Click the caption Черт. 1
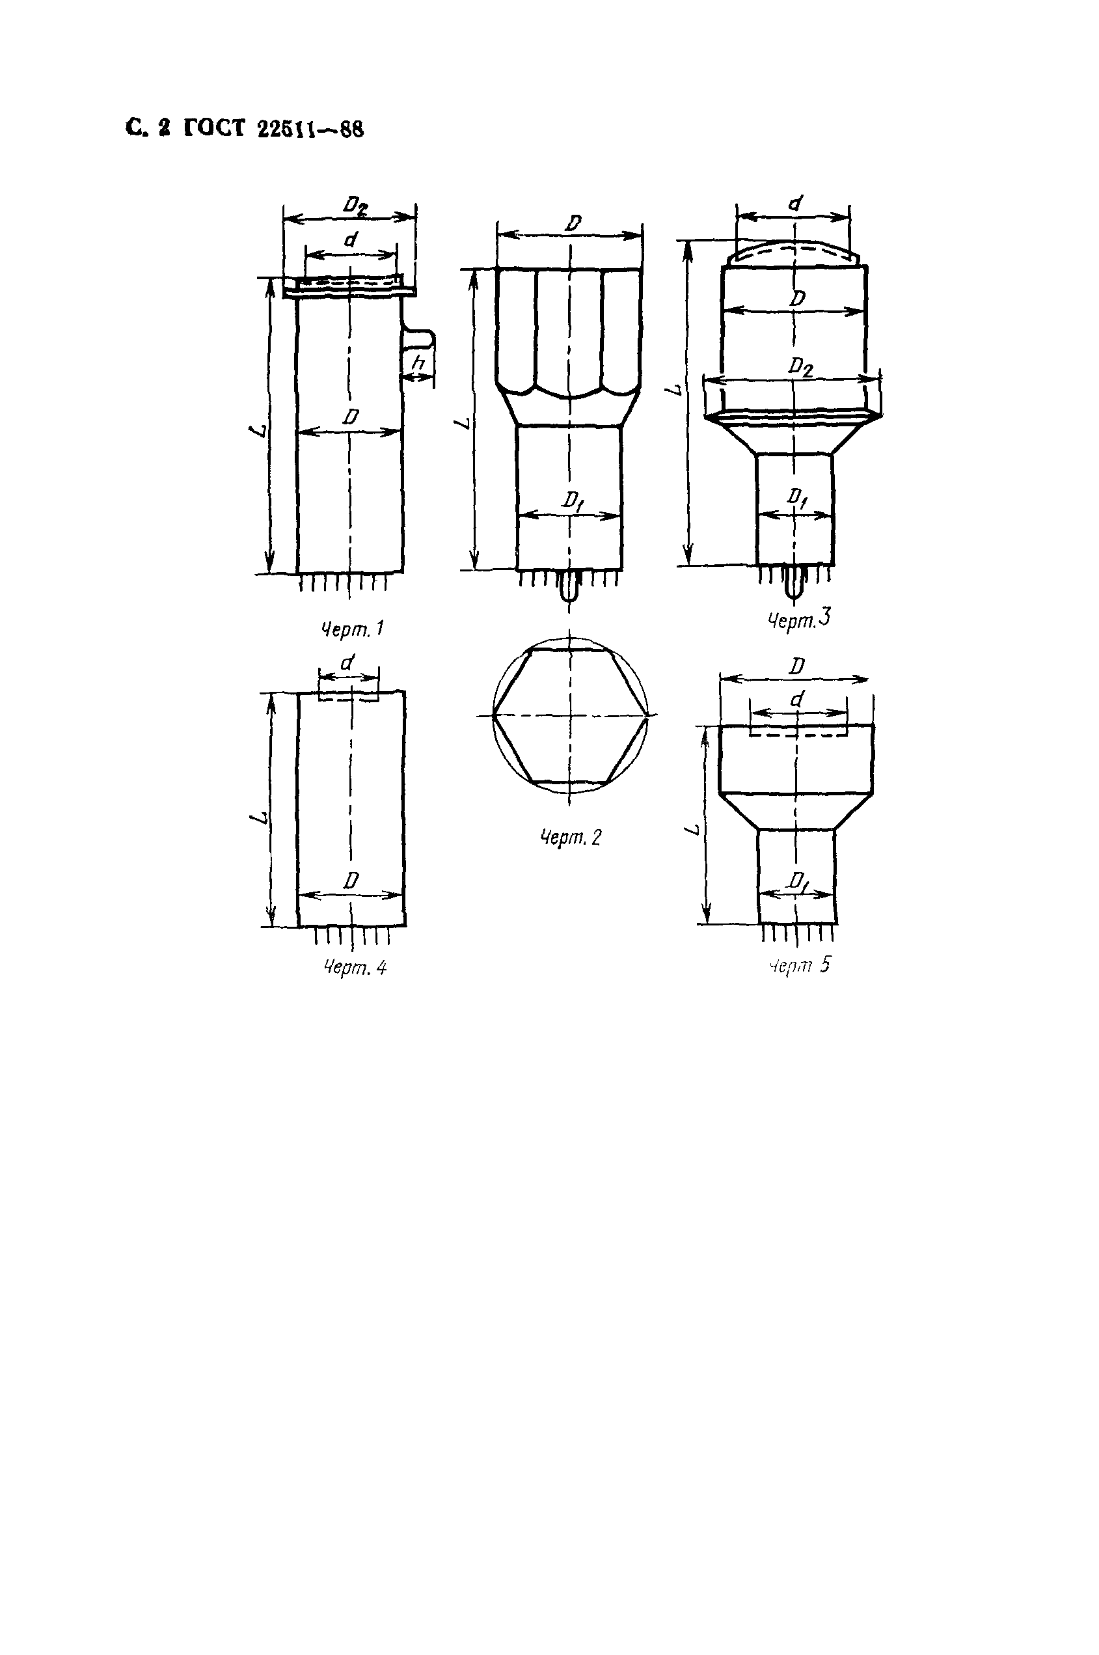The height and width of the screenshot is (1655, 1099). (352, 629)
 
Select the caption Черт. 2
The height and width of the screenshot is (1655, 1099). (571, 837)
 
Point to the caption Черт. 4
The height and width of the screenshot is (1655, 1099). (355, 968)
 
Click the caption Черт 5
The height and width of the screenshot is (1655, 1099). (799, 965)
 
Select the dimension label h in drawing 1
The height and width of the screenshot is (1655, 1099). (418, 364)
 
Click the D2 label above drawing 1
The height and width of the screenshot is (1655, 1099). (355, 206)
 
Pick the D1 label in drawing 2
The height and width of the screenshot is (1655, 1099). (573, 500)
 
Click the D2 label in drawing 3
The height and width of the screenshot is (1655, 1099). (800, 366)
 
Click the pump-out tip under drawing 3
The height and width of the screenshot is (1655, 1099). (793, 585)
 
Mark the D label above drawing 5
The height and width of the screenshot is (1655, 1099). (796, 666)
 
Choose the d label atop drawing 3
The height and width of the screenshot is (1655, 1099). (795, 204)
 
